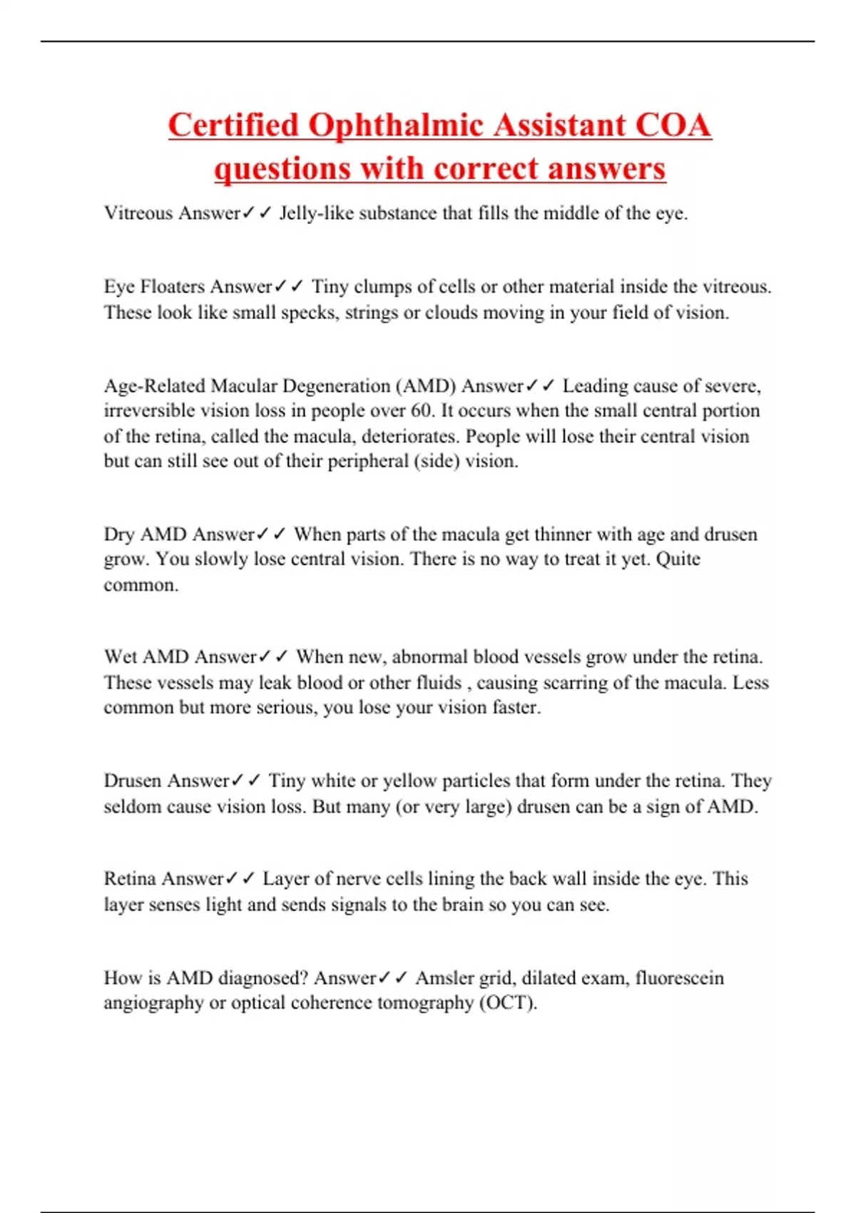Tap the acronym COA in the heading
(x=673, y=126)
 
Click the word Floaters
(x=173, y=287)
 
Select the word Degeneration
(x=333, y=386)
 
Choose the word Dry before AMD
(x=119, y=534)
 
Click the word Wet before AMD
(x=120, y=657)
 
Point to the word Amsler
(x=444, y=978)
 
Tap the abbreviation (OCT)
(x=508, y=1003)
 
